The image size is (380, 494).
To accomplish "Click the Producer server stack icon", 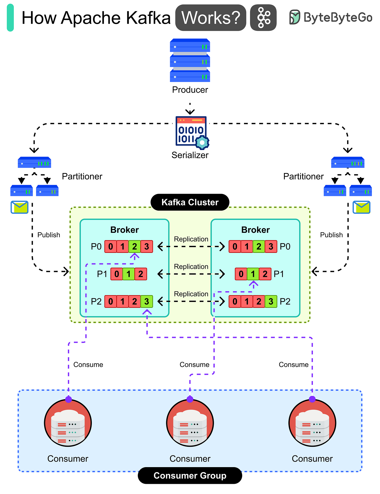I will pyautogui.click(x=190, y=60).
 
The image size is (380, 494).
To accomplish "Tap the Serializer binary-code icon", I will pyautogui.click(x=191, y=132).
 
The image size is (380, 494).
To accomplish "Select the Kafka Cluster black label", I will pyautogui.click(x=190, y=202).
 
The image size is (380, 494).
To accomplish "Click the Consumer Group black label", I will pyautogui.click(x=190, y=475).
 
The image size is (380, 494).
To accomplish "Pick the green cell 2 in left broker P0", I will pyautogui.click(x=134, y=246).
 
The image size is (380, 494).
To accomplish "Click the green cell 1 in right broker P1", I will pyautogui.click(x=253, y=274).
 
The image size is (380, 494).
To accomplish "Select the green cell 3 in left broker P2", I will pyautogui.click(x=147, y=301).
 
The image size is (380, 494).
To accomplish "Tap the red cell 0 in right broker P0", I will pyautogui.click(x=235, y=246).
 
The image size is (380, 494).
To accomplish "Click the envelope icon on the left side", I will pyautogui.click(x=20, y=207).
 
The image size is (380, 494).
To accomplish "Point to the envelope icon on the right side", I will pyautogui.click(x=361, y=207).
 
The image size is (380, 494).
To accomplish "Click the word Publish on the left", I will pyautogui.click(x=49, y=235).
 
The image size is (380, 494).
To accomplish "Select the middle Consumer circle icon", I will pyautogui.click(x=190, y=423).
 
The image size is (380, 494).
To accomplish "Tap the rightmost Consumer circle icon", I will pyautogui.click(x=312, y=423).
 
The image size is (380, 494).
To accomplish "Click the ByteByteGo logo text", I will pyautogui.click(x=338, y=18).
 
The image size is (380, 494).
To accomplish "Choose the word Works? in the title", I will pyautogui.click(x=211, y=18).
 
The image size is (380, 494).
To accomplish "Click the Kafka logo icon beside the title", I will pyautogui.click(x=263, y=18).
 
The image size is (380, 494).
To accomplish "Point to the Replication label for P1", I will pyautogui.click(x=191, y=266).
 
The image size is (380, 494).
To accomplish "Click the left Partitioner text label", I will pyautogui.click(x=82, y=176).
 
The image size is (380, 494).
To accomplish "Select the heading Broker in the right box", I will pyautogui.click(x=256, y=230).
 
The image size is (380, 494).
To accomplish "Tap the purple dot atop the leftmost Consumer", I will pyautogui.click(x=68, y=399).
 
